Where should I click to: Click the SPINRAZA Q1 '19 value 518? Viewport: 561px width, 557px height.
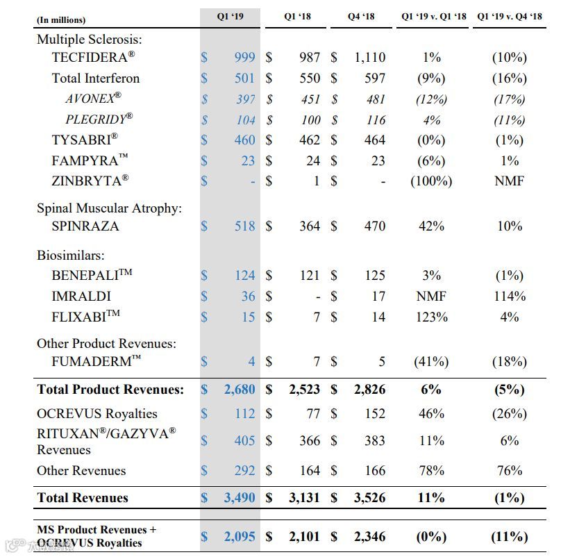tap(244, 226)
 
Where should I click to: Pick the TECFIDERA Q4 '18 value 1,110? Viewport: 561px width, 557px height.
tap(369, 58)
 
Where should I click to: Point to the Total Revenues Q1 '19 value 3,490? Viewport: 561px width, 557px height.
tap(240, 498)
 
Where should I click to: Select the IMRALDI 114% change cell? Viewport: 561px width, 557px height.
tap(509, 297)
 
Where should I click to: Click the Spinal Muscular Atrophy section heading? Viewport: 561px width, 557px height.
tap(110, 208)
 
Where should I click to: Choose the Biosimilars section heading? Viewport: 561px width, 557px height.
tap(70, 256)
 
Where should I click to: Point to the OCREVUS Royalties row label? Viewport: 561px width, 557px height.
tap(97, 414)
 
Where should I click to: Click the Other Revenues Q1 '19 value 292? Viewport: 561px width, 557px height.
tap(244, 471)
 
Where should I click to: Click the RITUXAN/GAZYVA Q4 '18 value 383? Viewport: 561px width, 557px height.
tap(375, 441)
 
